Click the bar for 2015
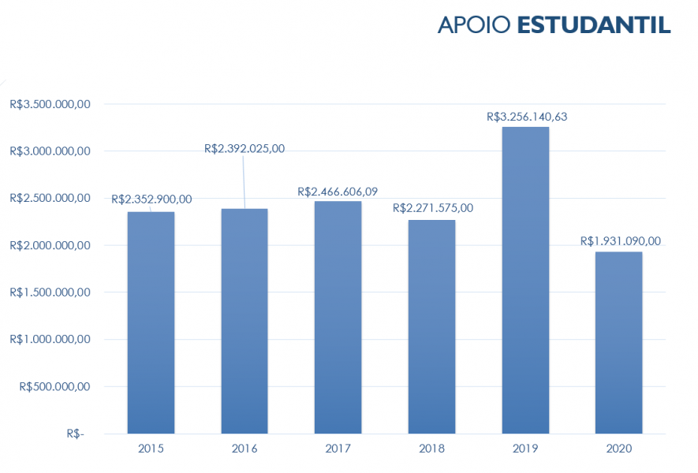[151, 322]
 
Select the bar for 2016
[244, 321]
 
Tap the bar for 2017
[338, 318]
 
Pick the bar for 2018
[431, 326]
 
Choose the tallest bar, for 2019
[524, 280]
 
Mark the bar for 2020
[618, 343]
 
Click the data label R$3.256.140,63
[528, 117]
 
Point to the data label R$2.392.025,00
[244, 148]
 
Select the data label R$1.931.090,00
[621, 241]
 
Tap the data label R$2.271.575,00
[433, 208]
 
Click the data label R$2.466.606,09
[338, 192]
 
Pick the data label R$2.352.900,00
[151, 199]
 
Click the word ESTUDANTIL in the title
[594, 25]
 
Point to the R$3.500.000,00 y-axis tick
[50, 104]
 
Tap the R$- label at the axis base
[76, 434]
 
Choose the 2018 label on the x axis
[431, 449]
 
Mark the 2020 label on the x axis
[618, 449]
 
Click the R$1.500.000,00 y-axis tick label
[50, 292]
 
